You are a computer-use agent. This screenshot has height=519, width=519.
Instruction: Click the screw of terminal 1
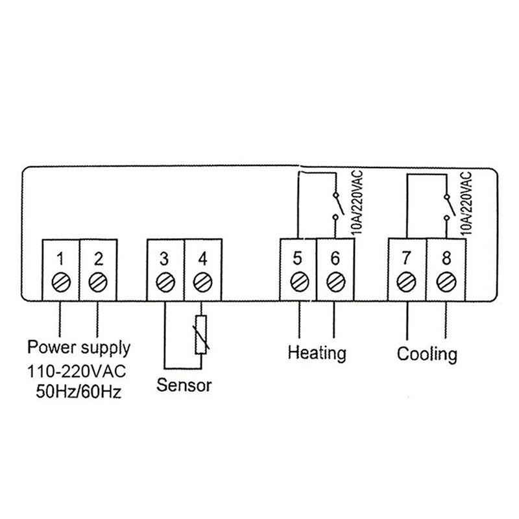click(x=60, y=282)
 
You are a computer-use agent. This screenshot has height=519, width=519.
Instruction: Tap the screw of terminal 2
click(x=97, y=282)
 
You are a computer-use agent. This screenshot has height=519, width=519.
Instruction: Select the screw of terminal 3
click(x=165, y=282)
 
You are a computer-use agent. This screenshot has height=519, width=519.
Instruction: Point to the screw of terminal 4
click(x=202, y=282)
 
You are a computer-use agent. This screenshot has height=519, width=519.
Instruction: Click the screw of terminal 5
click(x=298, y=282)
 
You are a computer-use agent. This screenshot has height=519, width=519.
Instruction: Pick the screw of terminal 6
click(x=335, y=282)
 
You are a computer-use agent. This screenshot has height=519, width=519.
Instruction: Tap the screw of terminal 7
click(x=406, y=282)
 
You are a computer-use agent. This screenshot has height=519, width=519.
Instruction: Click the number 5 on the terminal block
click(x=298, y=258)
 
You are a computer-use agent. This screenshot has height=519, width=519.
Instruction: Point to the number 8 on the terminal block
click(x=445, y=258)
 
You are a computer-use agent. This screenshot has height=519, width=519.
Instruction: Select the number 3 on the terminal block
click(x=165, y=258)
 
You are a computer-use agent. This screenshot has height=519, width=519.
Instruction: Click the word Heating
click(x=317, y=354)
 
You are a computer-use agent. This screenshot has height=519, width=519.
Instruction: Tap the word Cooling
click(x=427, y=355)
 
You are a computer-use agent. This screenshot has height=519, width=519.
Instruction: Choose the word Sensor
click(x=184, y=386)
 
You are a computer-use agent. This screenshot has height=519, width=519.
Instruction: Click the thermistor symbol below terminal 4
click(x=202, y=335)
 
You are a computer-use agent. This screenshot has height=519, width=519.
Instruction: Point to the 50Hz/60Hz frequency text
click(x=78, y=393)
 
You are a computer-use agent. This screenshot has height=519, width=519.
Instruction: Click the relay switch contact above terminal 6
click(x=335, y=207)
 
